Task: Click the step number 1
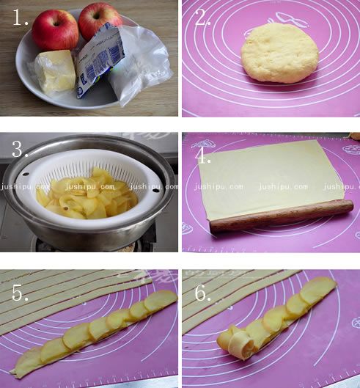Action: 21,18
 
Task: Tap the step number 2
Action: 203,18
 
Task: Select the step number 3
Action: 20,149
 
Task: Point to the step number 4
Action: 203,156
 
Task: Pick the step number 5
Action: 20,293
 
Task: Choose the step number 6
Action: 203,293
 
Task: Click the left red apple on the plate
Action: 55,29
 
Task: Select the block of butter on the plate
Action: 55,72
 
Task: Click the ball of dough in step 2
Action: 279,54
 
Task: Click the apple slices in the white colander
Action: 87,196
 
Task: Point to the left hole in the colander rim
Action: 25,174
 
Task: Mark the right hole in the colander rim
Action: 156,191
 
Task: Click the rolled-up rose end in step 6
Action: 238,343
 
